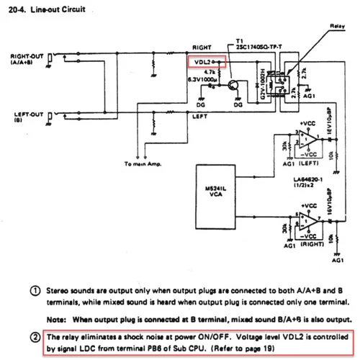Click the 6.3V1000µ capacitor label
pos(203,79)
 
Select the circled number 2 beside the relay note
pos(35,337)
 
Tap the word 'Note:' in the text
pos(55,319)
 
